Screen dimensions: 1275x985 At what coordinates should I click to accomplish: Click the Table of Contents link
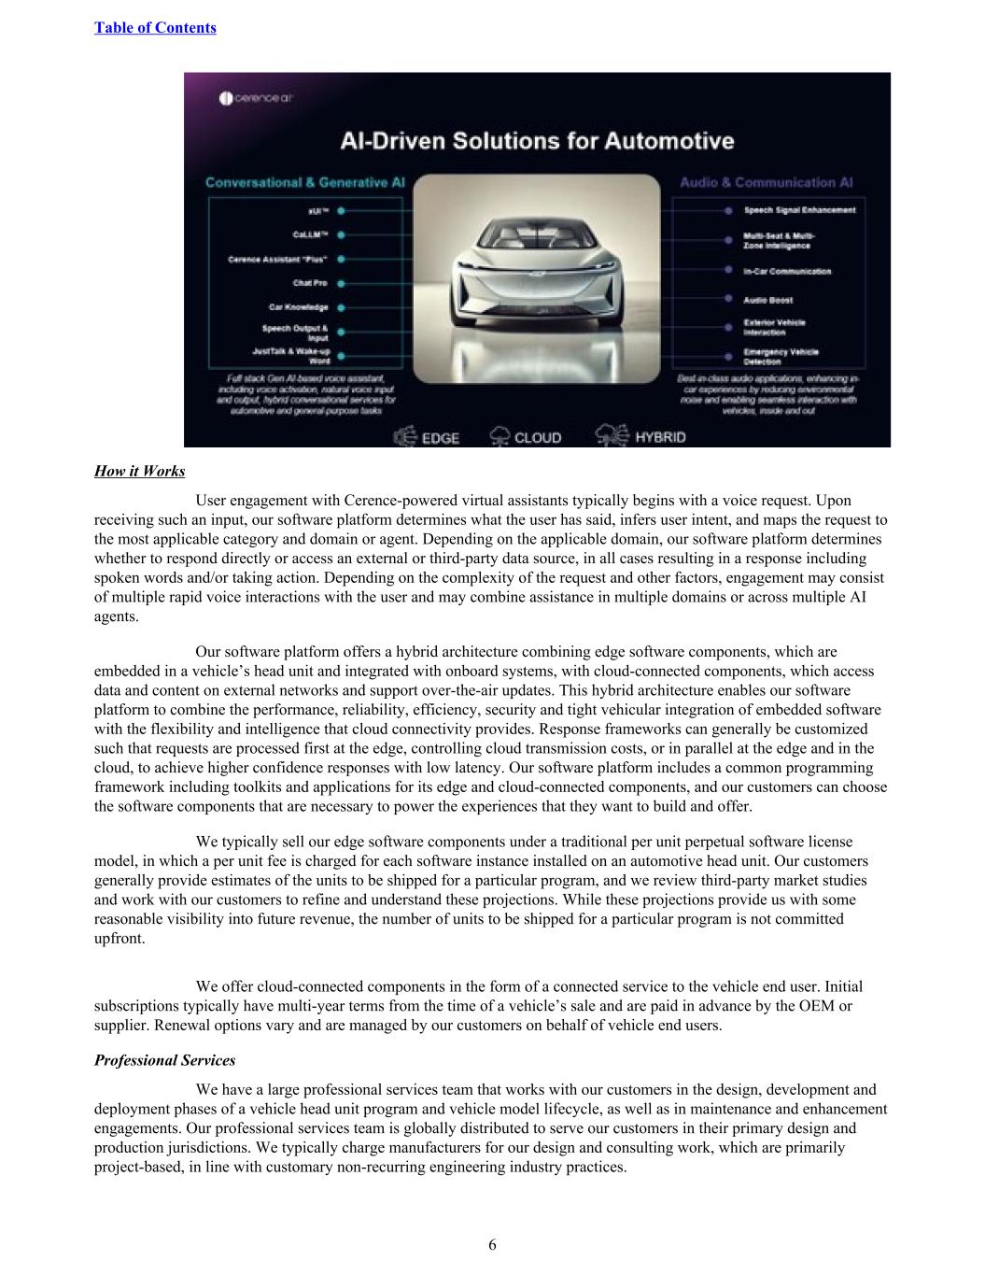(155, 28)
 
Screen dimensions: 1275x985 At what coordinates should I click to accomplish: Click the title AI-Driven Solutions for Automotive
(536, 141)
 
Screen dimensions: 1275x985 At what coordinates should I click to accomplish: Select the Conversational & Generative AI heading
(304, 183)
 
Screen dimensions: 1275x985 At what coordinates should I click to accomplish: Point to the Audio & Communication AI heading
(766, 183)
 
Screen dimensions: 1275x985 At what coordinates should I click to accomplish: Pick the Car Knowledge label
(298, 306)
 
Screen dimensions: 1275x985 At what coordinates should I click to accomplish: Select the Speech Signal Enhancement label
(799, 210)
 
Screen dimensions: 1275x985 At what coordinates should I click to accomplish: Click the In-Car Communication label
(787, 271)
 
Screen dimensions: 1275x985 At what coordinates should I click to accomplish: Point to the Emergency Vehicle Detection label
(781, 356)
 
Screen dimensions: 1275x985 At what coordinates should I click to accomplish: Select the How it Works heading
(139, 471)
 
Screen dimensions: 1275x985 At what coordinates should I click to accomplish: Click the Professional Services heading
(164, 1060)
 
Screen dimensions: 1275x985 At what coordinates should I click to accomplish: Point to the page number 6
(492, 1244)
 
